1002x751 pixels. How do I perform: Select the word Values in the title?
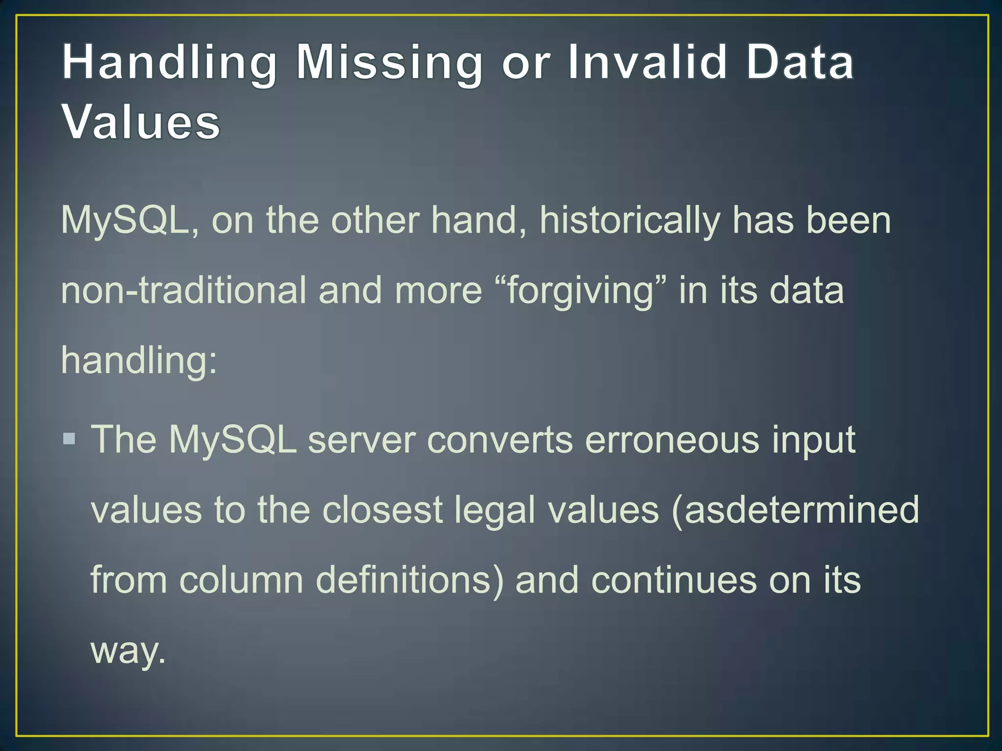pos(141,122)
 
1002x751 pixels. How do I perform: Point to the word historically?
pos(630,221)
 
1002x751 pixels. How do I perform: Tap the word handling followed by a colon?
pos(139,361)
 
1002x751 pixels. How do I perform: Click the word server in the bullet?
pos(362,440)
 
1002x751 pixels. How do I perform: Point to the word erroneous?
pos(672,440)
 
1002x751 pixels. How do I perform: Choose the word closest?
pos(382,510)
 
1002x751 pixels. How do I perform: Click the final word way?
pos(128,651)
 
